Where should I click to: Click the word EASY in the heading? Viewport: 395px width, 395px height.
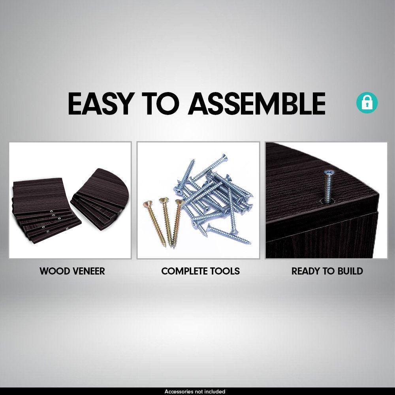click(100, 103)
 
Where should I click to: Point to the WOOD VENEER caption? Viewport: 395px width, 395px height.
click(72, 271)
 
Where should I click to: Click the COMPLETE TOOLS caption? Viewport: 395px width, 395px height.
click(201, 271)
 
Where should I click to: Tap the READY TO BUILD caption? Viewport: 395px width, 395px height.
click(327, 271)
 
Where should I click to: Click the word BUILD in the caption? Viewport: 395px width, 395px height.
click(350, 271)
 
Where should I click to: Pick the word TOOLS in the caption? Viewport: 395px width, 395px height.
click(225, 271)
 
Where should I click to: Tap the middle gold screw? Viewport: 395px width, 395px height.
click(166, 222)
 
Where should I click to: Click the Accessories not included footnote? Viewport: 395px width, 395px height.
click(195, 391)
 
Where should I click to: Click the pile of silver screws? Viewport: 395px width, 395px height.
click(214, 199)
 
